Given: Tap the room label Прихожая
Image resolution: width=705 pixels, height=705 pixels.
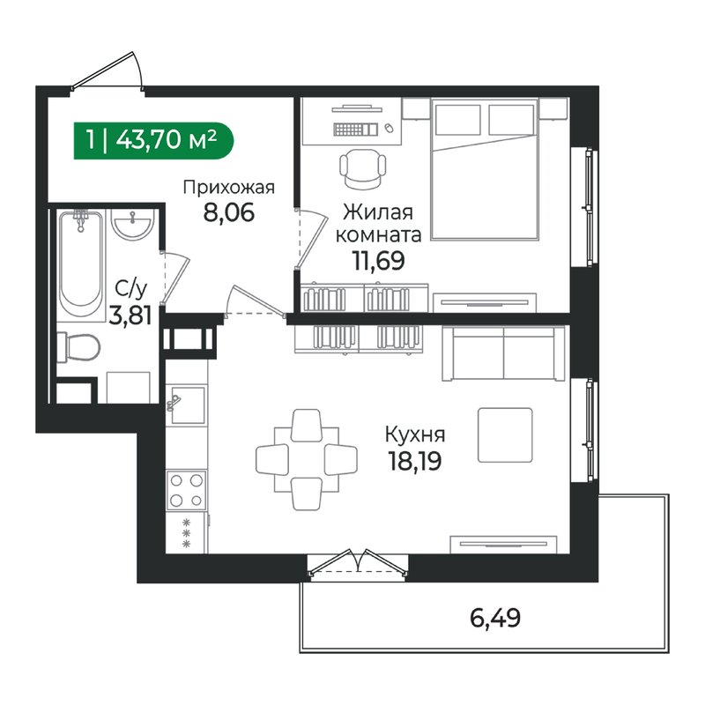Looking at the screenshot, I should (x=229, y=187).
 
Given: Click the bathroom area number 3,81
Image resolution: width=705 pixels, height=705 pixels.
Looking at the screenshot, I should (x=129, y=315).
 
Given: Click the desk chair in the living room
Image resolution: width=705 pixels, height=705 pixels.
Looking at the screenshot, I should (x=362, y=167).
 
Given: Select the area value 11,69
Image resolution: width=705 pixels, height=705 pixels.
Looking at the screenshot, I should (x=374, y=262).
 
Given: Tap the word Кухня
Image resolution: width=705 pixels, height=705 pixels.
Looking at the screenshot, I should (x=414, y=434).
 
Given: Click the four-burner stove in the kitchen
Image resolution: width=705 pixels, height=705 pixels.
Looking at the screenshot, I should (x=186, y=491).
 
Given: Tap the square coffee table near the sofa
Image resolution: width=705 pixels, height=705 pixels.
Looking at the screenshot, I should (x=505, y=435).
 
